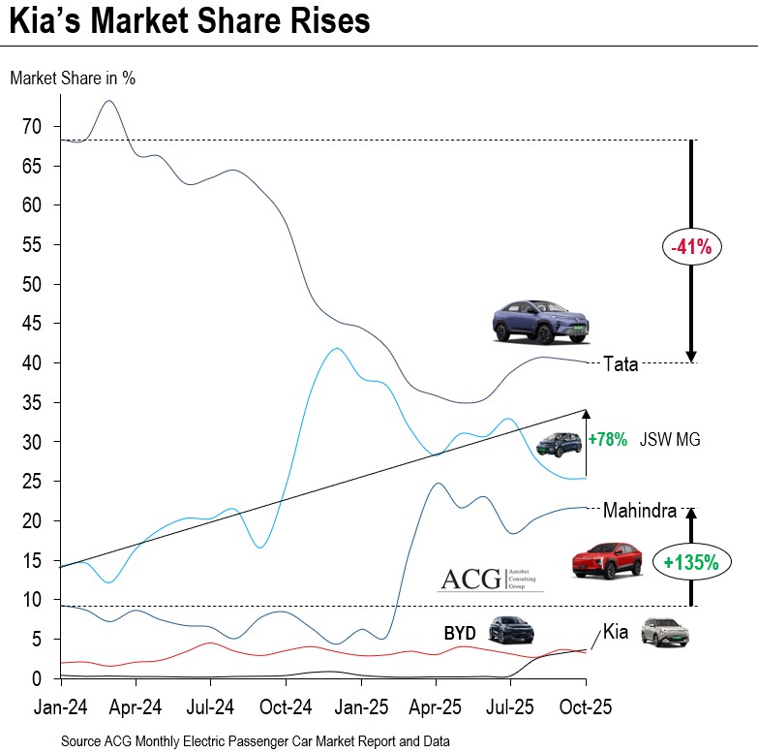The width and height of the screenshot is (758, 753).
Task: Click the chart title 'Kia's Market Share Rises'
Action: (190, 22)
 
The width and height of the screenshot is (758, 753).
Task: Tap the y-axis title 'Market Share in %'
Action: (73, 78)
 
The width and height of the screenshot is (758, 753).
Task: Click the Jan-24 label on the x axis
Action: (60, 707)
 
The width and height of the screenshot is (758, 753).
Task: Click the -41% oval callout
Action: (691, 247)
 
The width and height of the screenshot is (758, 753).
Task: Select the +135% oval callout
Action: (691, 561)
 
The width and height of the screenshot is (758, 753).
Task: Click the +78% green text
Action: (607, 440)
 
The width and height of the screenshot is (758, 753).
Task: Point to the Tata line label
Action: (620, 365)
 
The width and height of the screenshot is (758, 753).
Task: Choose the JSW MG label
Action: (669, 440)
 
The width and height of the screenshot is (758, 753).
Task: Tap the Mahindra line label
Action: (635, 509)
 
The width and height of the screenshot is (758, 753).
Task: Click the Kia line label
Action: (616, 632)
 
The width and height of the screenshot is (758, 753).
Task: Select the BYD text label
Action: (459, 632)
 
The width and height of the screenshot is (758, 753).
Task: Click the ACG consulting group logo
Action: (491, 579)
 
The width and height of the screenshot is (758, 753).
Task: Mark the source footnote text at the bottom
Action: (256, 740)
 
